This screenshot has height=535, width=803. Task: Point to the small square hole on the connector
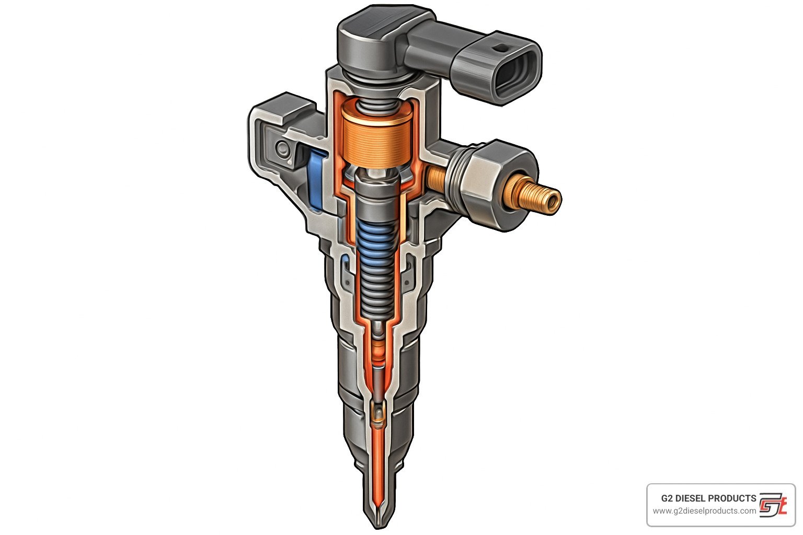(x=501, y=48)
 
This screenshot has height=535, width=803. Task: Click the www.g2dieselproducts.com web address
(x=704, y=511)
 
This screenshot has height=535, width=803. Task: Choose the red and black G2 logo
(x=772, y=504)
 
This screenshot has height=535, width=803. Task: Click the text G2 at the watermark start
(x=667, y=498)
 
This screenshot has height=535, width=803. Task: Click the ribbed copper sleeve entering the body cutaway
(x=435, y=179)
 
